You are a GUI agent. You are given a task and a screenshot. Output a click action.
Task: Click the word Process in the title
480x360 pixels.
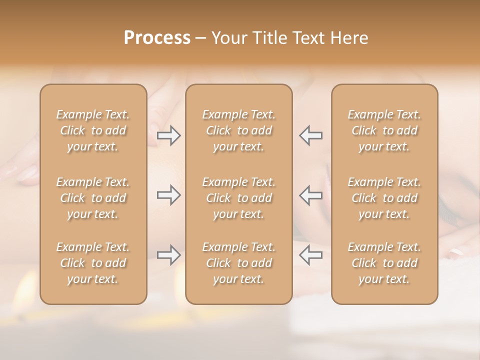point(157,38)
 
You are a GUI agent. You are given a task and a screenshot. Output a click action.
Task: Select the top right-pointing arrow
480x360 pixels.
point(169,135)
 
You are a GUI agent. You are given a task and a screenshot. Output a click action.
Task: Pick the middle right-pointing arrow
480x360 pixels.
point(169,195)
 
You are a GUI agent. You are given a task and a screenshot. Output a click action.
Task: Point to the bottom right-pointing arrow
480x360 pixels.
point(169,255)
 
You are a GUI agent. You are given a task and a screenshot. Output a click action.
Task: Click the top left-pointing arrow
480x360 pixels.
point(311,135)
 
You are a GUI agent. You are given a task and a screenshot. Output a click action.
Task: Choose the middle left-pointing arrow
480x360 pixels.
point(311,195)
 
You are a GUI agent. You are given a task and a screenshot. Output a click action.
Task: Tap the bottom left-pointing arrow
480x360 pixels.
point(311,255)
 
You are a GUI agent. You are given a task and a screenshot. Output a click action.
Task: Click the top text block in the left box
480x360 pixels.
point(93,130)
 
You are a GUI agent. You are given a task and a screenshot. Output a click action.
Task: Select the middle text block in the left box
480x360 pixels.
point(93,198)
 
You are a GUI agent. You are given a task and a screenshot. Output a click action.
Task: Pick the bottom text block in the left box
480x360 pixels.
point(93,263)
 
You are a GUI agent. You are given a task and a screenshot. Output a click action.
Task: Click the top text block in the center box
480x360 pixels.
point(239,130)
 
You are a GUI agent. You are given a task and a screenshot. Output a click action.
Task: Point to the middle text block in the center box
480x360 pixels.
point(239,198)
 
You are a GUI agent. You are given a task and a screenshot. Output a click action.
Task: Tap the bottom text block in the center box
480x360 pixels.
point(239,263)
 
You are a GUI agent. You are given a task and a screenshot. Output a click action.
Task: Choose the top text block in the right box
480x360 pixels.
point(384,130)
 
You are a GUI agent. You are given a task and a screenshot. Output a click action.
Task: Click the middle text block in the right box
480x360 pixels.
point(384,198)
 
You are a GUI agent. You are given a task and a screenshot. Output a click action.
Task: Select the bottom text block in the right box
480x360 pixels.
point(384,263)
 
